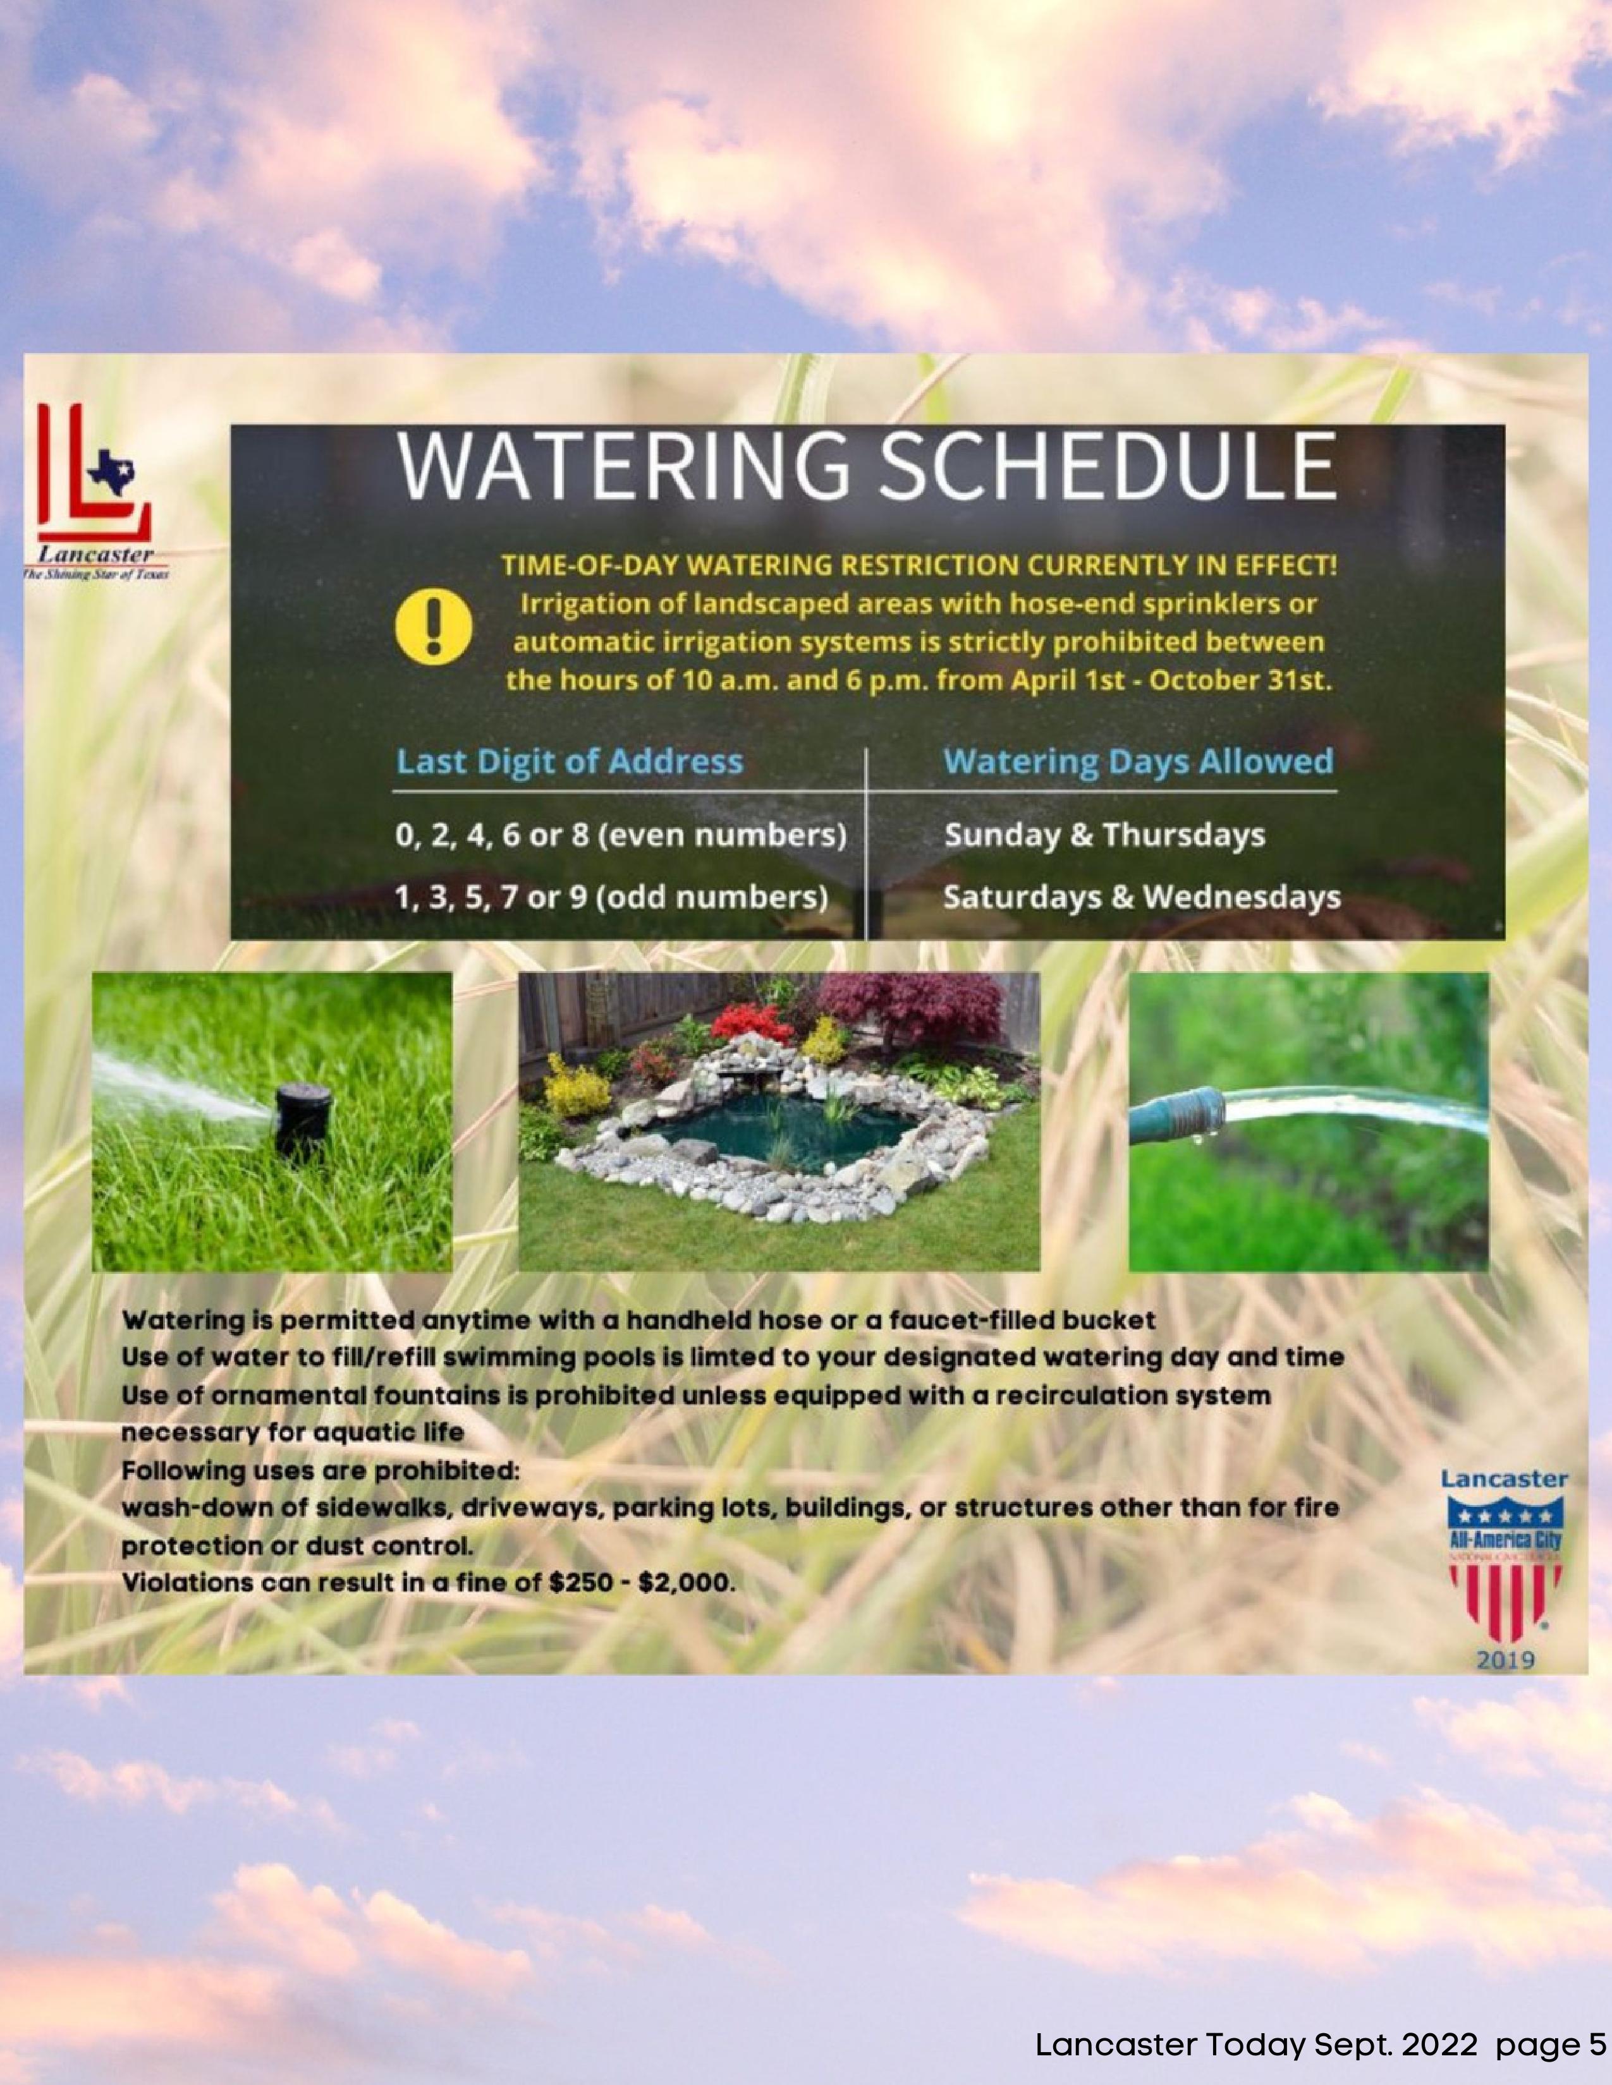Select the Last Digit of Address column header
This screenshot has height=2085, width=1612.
[569, 762]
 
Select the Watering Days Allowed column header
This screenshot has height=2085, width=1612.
[1139, 762]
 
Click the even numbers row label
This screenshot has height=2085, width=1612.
[621, 835]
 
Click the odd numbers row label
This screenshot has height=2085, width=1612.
[611, 897]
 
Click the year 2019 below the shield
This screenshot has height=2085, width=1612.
[1506, 1660]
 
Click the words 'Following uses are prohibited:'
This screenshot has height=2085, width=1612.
[321, 1470]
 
